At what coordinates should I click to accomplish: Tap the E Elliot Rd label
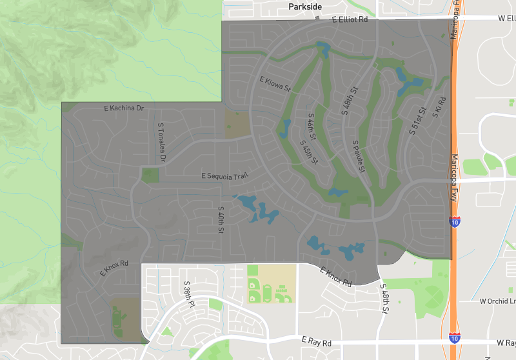tap(350, 20)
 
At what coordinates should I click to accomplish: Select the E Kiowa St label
tap(275, 85)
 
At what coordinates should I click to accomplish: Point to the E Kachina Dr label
tap(124, 108)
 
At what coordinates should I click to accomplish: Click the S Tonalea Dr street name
tap(162, 141)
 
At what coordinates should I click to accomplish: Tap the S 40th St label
tap(220, 219)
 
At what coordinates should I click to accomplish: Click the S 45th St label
tap(310, 152)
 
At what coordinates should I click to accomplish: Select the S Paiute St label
tap(359, 155)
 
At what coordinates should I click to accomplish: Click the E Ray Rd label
tap(317, 339)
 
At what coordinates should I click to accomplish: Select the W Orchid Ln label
tap(498, 301)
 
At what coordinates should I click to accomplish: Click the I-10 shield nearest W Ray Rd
tap(455, 337)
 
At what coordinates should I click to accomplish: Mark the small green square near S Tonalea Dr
tap(150, 174)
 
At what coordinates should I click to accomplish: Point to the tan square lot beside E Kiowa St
tap(237, 123)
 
